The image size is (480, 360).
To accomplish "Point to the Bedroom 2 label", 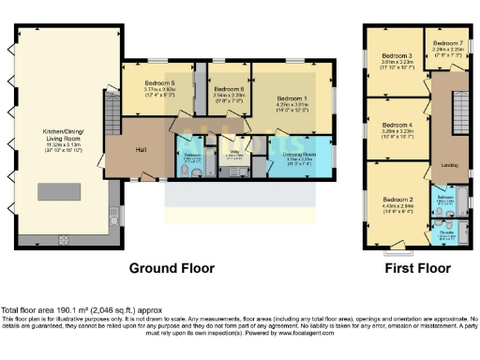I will [x=397, y=200].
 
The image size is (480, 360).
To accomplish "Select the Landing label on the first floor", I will [x=449, y=166].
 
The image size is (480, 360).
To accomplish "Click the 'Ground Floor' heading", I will [x=171, y=267].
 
